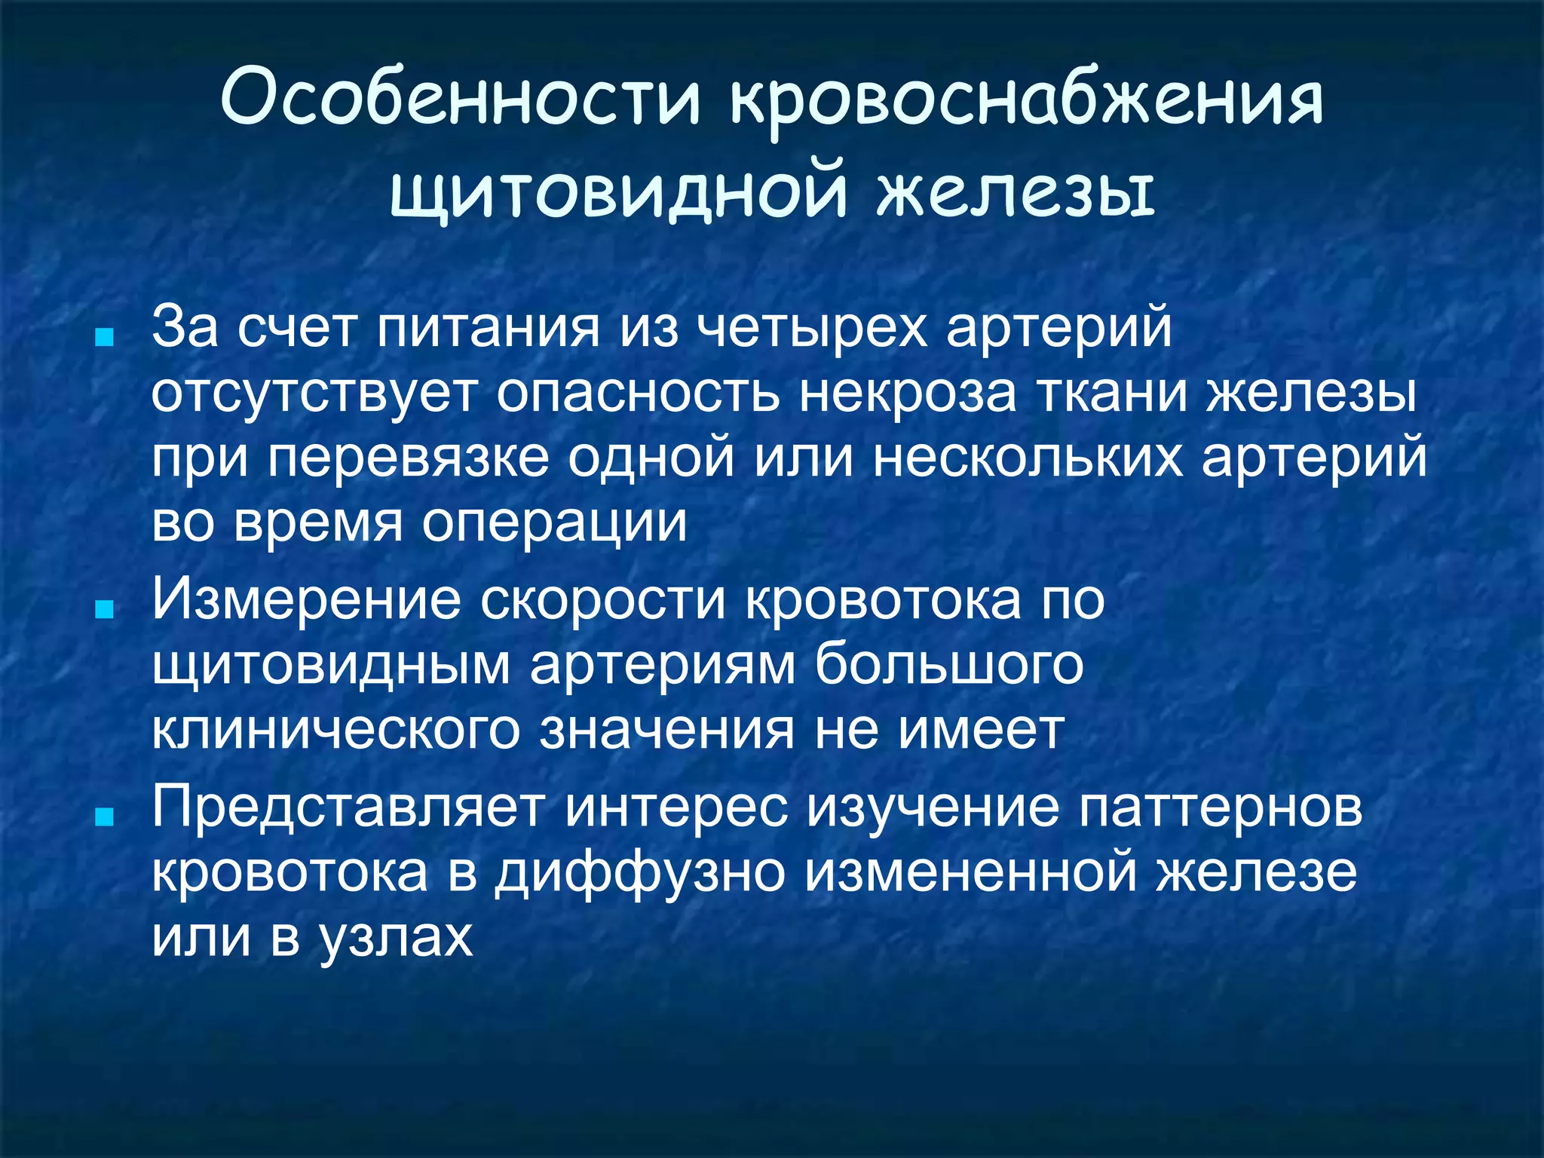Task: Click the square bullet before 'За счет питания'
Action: point(105,336)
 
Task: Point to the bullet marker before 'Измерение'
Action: point(105,609)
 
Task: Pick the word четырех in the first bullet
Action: point(811,328)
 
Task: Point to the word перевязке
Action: point(408,458)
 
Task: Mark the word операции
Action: point(554,522)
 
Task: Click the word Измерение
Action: point(306,600)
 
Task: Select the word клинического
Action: point(335,730)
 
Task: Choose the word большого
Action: point(949,665)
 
